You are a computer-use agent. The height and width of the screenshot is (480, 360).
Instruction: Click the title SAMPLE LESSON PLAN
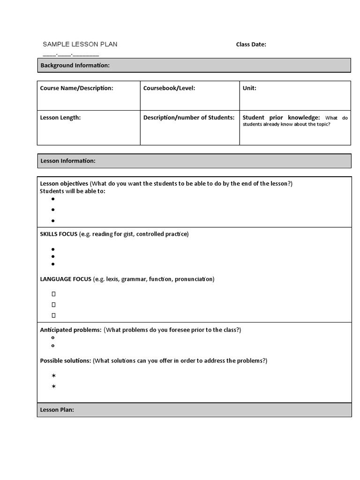[x=80, y=45]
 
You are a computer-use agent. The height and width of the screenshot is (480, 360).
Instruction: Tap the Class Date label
[x=251, y=45]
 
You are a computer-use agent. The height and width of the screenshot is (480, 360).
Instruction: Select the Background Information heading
[x=75, y=65]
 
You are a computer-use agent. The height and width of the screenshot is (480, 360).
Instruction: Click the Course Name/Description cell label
[x=76, y=88]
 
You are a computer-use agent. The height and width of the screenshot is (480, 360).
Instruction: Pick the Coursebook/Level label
[x=169, y=88]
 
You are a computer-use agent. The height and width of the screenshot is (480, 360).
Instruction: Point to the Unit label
[x=249, y=88]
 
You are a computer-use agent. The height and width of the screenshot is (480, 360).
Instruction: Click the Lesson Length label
[x=60, y=118]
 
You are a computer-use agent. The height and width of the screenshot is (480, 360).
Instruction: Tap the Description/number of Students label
[x=188, y=118]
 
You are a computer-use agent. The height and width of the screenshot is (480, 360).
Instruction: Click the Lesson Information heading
[x=68, y=161]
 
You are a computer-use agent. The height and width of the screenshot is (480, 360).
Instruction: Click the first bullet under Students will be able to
[x=53, y=199]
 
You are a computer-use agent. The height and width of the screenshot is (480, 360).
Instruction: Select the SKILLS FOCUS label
[x=59, y=234]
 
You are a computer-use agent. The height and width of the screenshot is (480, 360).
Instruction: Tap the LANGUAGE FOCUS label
[x=66, y=279]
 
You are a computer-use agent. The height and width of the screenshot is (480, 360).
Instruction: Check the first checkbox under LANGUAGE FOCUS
[x=53, y=294]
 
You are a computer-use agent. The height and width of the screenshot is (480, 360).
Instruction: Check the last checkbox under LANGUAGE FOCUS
[x=53, y=315]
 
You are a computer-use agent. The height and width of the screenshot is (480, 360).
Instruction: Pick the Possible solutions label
[x=66, y=360]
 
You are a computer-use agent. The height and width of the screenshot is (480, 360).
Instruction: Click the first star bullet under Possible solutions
[x=53, y=376]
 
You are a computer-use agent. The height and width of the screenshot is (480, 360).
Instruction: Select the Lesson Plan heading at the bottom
[x=57, y=410]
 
